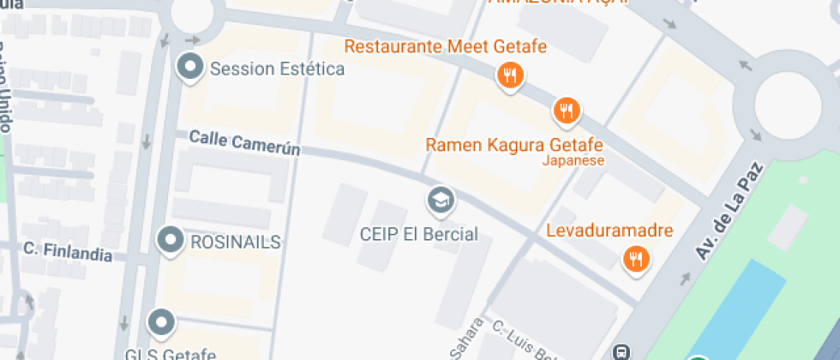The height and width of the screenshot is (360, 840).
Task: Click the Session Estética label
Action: click(277, 69)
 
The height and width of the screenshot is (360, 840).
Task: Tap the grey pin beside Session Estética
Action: click(190, 66)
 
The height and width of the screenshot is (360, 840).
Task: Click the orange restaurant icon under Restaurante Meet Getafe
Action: click(511, 75)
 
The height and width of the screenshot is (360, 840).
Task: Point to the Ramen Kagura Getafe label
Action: click(514, 144)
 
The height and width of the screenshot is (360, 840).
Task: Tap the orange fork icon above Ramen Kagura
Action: click(567, 110)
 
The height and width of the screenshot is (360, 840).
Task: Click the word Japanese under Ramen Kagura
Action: click(574, 160)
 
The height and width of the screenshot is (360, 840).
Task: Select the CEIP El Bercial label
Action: click(418, 233)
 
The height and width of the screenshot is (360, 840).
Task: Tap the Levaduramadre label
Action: click(610, 231)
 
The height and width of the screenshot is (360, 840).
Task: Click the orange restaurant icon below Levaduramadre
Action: click(635, 258)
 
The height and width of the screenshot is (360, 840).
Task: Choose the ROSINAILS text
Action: click(235, 243)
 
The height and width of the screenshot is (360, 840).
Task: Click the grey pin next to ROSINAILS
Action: click(171, 241)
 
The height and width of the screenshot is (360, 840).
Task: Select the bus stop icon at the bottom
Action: click(622, 351)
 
